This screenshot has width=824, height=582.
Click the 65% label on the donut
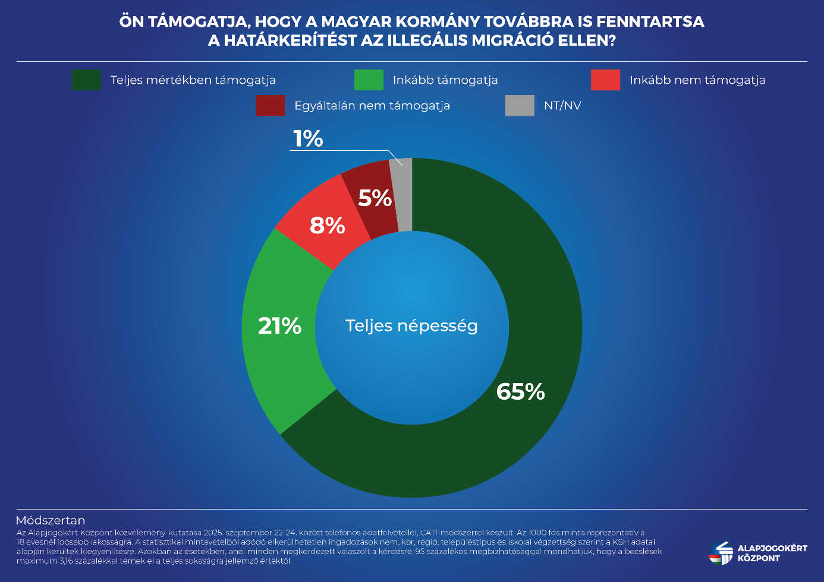tap(520, 391)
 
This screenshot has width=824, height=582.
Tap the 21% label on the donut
tap(279, 325)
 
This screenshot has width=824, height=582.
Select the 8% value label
tap(327, 226)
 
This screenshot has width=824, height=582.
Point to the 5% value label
tap(375, 198)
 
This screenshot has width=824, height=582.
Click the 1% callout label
tap(308, 139)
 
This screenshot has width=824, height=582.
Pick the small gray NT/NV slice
tap(402, 195)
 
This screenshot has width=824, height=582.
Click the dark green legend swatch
tap(86, 80)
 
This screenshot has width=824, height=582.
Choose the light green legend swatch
tap(369, 80)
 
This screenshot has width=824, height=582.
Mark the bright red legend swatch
tap(605, 80)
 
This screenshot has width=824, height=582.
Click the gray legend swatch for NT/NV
tap(520, 106)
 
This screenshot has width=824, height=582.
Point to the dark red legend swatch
tap(270, 106)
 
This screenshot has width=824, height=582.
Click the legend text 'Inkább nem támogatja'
tap(697, 80)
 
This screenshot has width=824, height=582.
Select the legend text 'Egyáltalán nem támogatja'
tap(372, 106)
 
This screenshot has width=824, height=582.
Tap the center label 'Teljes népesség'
tap(411, 325)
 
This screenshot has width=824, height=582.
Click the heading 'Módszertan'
tap(51, 521)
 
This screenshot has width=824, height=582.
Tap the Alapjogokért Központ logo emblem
tap(721, 552)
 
